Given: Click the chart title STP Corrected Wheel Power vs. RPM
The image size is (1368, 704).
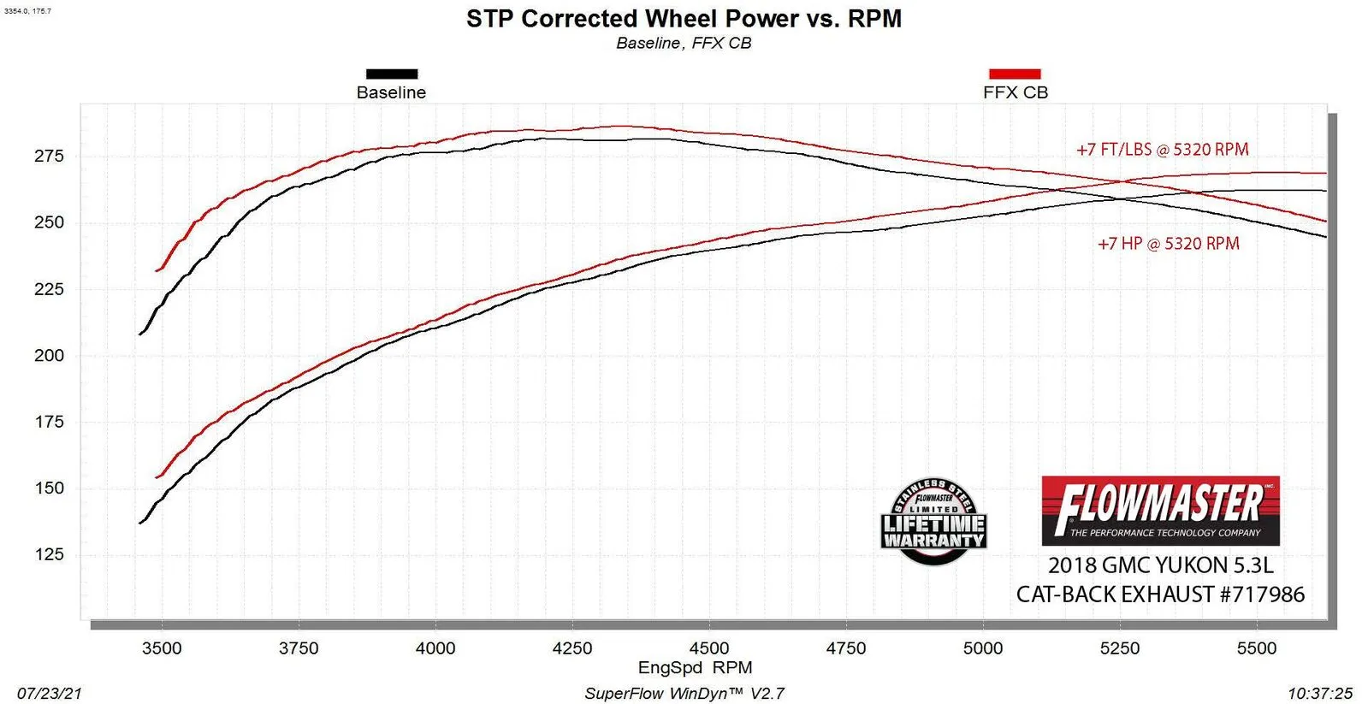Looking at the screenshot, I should coord(684,19).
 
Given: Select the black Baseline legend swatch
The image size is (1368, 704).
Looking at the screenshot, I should coord(392,74).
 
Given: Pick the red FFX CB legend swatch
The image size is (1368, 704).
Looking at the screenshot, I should coord(1015,74).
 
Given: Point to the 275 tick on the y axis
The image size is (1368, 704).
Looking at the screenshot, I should coord(49,156).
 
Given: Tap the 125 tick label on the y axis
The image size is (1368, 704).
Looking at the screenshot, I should coord(49,554).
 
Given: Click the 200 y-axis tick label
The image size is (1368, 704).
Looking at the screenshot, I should coord(49,355).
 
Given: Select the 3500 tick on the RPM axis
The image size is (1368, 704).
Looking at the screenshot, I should coord(162,648).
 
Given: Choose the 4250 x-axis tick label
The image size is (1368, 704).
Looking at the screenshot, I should coord(572,648).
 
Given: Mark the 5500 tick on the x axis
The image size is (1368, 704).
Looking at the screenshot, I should coord(1256,648).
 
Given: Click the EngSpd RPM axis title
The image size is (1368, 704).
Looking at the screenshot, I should coord(695,667).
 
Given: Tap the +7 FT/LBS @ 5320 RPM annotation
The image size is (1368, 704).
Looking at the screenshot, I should coord(1162,150).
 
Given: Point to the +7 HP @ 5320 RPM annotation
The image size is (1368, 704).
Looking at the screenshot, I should coord(1168,244).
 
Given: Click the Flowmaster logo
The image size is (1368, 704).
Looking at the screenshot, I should coord(1160,511).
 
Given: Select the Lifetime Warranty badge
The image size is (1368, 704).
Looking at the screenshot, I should coord(933,522).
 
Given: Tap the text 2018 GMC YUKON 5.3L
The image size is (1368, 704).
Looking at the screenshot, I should coord(1160,565).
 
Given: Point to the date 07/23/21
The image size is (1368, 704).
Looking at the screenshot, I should coord(50,693).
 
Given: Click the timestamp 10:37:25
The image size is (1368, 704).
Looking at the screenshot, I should coord(1319,693).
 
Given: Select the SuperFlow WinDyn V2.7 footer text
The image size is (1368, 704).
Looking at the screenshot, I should coord(684,693).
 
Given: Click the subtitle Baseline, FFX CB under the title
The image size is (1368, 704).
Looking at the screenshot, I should coord(684,44).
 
